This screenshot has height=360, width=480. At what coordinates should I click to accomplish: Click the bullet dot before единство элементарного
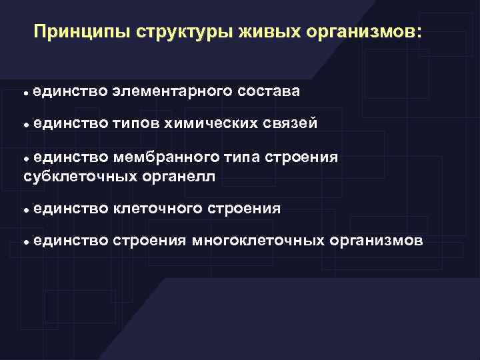pos(25,91)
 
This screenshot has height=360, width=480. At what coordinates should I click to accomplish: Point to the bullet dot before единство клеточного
pos(25,210)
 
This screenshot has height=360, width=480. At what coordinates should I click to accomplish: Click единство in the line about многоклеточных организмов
pos(69,241)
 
